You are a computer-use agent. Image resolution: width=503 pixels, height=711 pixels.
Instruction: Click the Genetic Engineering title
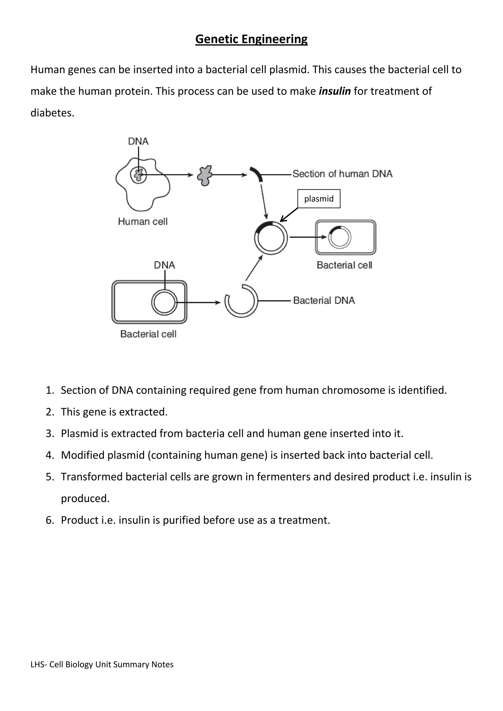point(251,39)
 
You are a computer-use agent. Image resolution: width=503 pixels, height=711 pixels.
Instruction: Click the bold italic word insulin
point(335,91)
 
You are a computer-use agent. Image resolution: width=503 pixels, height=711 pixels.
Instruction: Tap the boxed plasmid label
point(319,199)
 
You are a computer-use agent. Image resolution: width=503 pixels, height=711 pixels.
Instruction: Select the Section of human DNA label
point(342,174)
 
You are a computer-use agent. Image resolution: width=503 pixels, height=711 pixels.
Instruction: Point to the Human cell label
point(142,221)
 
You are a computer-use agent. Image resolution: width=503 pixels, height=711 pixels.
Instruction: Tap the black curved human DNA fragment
point(257,174)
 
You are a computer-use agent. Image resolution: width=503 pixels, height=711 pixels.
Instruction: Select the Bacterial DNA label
point(324,300)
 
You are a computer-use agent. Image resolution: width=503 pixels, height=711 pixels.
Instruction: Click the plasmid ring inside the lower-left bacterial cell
point(164,302)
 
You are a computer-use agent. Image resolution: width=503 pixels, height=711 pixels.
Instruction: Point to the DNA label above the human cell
point(138,141)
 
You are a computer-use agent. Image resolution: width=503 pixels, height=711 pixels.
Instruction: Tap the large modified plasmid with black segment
point(271,238)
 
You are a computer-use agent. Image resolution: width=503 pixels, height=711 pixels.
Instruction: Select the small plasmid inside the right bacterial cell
point(339,237)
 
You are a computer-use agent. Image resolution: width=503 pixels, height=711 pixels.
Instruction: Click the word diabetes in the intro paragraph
point(52,113)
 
